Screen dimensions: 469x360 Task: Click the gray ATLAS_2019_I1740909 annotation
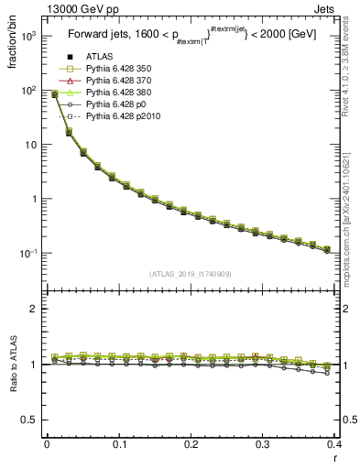(191, 274)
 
